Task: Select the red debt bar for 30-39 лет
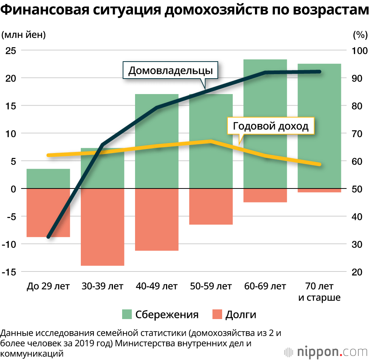point(103,227)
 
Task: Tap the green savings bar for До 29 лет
point(48,179)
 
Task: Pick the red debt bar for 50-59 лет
point(211,207)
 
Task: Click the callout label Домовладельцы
point(170,70)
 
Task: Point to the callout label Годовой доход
point(270,127)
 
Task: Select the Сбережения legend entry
point(161,315)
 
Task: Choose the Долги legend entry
point(234,315)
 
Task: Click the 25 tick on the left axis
point(11,50)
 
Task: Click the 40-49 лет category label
point(156,286)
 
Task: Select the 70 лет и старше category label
point(319,291)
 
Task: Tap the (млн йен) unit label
point(24,35)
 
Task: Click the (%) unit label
point(360,35)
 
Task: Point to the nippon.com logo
point(325,350)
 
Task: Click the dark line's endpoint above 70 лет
point(319,72)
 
